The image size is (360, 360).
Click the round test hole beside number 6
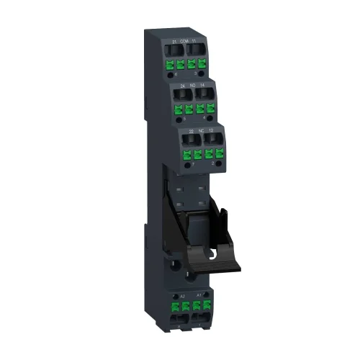click(178, 119)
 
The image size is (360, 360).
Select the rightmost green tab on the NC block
click(217, 155)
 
